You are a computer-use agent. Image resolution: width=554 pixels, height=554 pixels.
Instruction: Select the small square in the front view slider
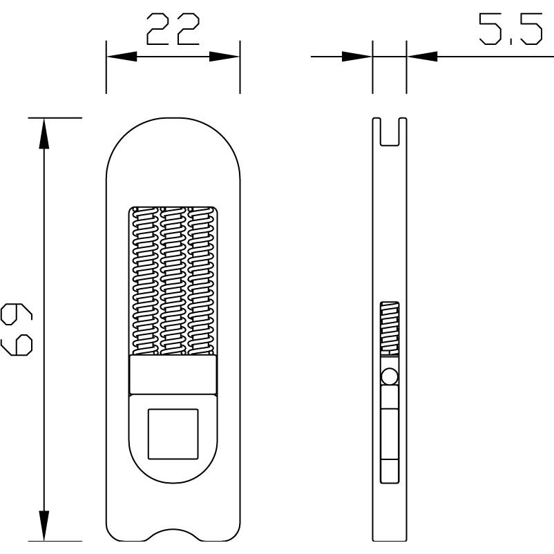point(173,433)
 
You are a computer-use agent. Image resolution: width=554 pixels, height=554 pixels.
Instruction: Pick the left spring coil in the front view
point(144,280)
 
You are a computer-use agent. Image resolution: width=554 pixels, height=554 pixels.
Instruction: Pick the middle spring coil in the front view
point(173,280)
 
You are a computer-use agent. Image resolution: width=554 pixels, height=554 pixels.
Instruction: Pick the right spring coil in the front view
point(202,280)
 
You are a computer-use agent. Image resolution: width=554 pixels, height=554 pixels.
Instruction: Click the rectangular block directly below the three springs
point(173,375)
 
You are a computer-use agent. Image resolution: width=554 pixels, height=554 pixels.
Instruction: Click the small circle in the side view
point(390,377)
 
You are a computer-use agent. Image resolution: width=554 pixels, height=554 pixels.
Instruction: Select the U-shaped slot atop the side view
point(390,131)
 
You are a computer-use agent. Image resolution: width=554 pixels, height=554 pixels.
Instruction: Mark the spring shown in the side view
point(390,328)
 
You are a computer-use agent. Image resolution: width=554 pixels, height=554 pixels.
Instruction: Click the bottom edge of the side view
point(390,540)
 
